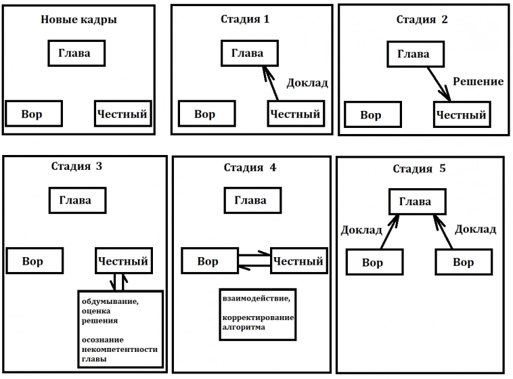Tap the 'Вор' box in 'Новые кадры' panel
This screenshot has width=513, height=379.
34,114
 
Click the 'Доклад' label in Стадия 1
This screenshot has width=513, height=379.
307,83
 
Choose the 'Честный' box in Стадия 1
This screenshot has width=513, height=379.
295,114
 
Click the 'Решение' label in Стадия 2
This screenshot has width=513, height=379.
478,82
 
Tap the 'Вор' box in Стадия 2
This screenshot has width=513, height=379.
371,115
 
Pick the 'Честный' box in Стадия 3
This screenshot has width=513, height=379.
122,261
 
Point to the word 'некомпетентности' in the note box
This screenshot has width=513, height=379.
119,349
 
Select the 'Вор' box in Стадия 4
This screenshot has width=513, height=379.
208,261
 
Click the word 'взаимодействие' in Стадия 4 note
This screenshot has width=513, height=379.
254,298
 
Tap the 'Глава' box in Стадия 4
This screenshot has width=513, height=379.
250,200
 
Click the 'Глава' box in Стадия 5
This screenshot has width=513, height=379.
416,202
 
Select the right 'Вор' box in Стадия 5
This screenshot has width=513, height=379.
463,263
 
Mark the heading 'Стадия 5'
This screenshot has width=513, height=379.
420,169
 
